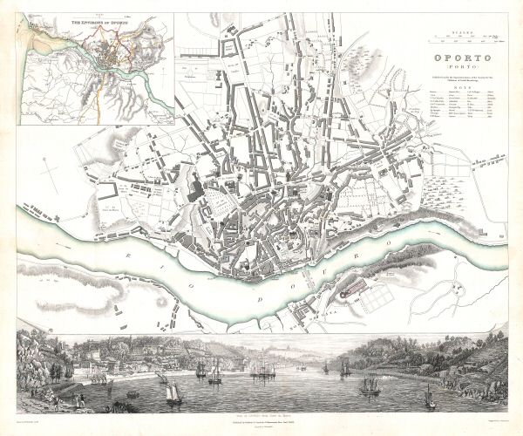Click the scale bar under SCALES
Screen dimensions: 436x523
(x=464, y=40)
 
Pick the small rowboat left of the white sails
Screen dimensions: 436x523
(x=132, y=394)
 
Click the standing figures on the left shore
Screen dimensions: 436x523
(x=78, y=400)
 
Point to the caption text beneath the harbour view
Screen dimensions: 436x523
(x=261, y=419)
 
